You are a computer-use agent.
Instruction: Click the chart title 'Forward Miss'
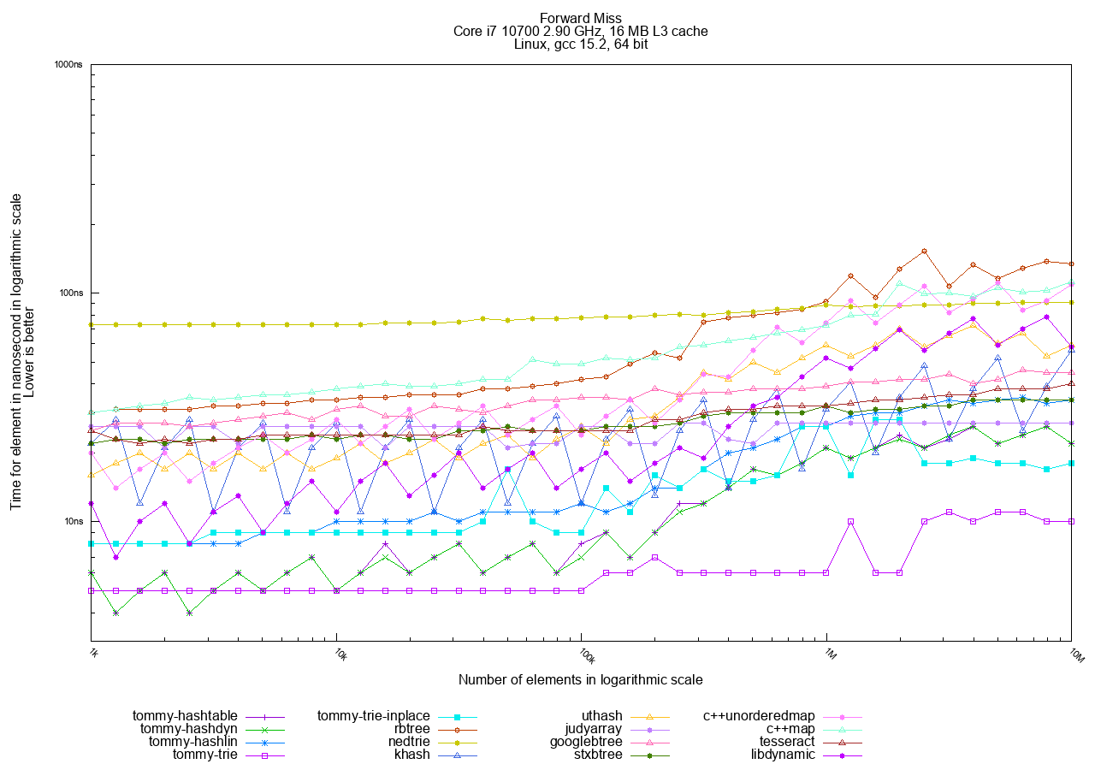point(581,18)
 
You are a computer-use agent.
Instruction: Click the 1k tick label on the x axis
point(94,655)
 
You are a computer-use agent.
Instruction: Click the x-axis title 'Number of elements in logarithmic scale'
point(580,680)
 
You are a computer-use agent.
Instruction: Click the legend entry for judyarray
point(593,728)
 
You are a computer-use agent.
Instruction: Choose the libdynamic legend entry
point(783,754)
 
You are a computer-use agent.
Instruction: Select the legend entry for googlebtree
point(586,741)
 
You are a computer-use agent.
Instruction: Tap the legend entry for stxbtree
point(598,754)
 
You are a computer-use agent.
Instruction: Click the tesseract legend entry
point(787,741)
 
